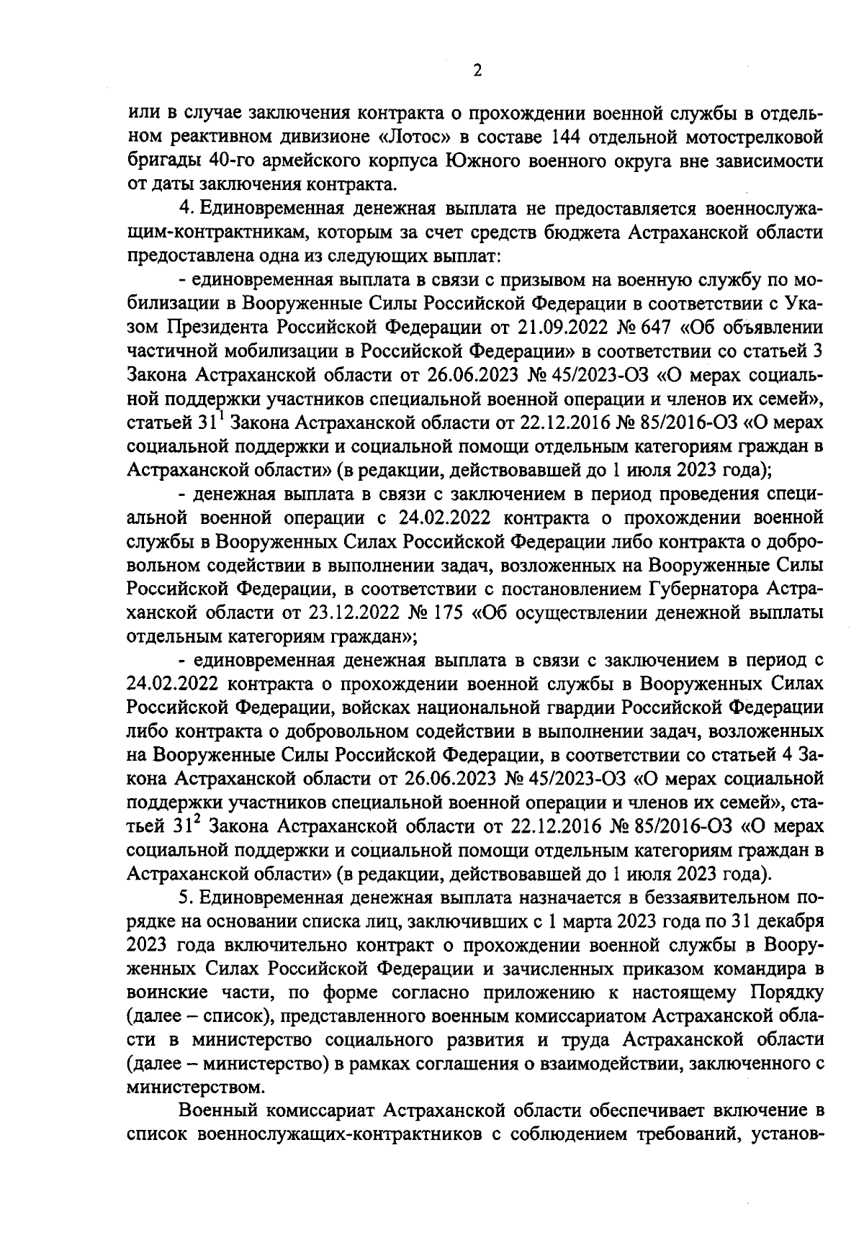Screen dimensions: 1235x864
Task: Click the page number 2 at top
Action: [477, 71]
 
